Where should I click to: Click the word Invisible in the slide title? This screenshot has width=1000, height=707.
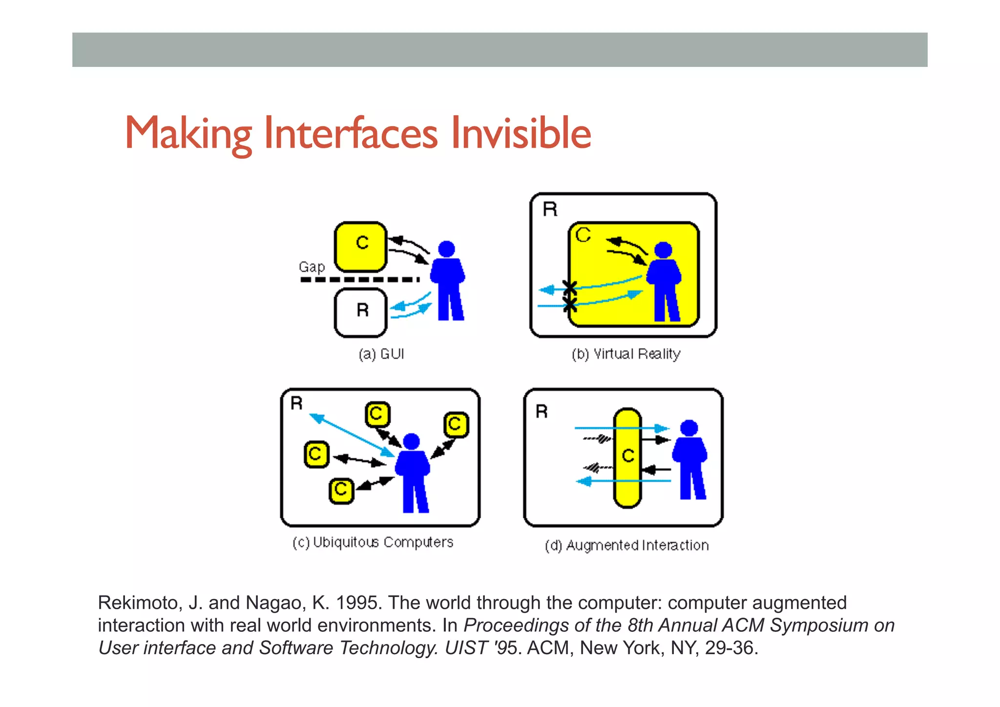521,133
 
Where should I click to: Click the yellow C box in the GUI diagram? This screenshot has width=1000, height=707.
360,247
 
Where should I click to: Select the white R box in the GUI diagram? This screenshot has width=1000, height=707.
360,313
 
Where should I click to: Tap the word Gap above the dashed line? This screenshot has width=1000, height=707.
312,267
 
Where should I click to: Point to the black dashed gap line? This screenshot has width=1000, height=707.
359,280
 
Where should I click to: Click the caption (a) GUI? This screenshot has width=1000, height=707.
381,354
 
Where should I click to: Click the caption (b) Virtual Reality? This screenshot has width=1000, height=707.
626,354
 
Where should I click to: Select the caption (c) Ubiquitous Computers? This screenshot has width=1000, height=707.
373,542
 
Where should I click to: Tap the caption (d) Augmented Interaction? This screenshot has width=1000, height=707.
626,545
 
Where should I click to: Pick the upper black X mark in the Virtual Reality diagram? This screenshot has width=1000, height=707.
569,288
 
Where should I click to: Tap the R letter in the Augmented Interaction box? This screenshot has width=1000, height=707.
542,411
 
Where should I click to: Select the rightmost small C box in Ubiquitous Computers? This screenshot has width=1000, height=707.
456,424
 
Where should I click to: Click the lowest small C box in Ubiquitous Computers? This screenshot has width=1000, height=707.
341,490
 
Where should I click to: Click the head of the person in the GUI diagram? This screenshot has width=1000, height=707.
446,249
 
